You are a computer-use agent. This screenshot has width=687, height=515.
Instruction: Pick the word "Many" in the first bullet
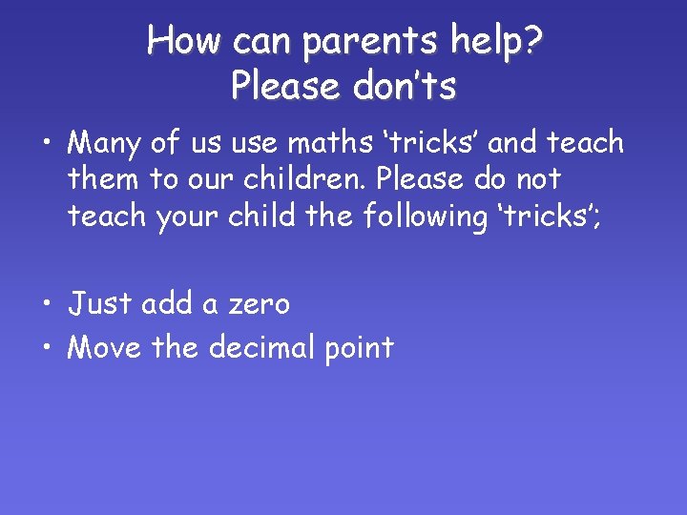[x=106, y=144]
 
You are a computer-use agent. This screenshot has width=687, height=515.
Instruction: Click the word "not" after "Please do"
[x=538, y=179]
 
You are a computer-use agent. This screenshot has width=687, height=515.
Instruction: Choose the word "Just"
[x=100, y=304]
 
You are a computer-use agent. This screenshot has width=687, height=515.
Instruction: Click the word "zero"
[x=258, y=305]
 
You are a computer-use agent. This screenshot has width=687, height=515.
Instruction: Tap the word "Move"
[x=106, y=347]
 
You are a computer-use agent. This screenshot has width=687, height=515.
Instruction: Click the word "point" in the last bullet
[x=355, y=348]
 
